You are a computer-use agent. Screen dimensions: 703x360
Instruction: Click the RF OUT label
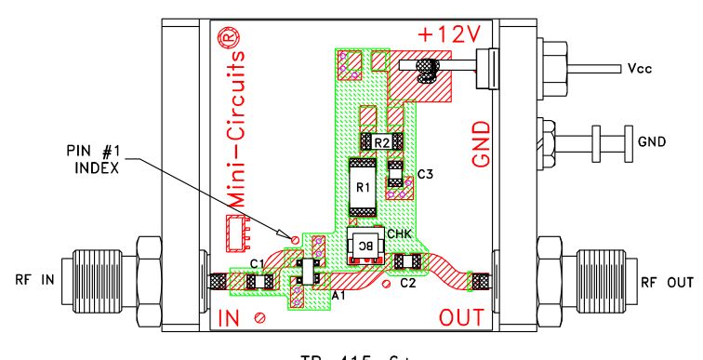[665, 282]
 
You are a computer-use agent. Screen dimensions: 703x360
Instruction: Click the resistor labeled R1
[363, 188]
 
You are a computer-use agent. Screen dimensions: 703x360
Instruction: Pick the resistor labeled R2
[381, 142]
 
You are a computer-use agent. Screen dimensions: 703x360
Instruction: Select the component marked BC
[365, 244]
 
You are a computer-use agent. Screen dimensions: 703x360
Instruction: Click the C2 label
[406, 283]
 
